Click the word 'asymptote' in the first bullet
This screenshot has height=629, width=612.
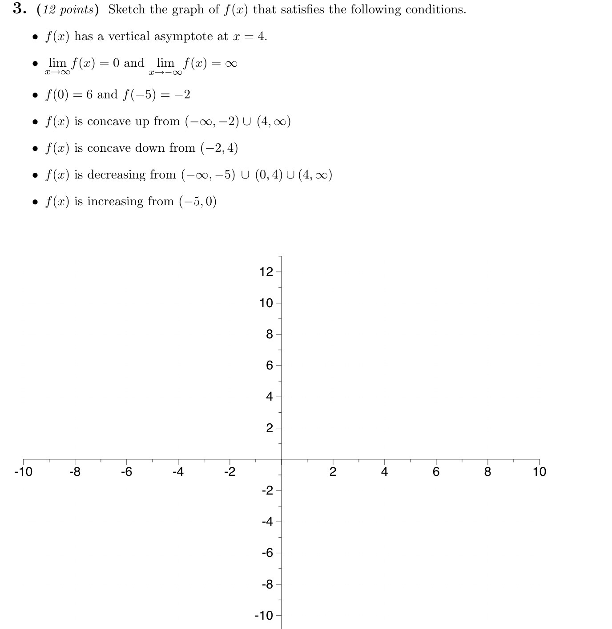pos(184,37)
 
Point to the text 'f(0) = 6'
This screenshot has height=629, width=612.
pos(69,94)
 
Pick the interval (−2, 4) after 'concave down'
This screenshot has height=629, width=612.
pos(219,148)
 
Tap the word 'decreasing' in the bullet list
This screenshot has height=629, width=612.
pos(117,174)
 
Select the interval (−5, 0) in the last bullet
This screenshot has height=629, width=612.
pos(198,202)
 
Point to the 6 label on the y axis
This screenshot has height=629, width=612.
pos(269,365)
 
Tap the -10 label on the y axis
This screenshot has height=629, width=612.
pos(264,616)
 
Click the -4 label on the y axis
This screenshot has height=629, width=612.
pos(267,522)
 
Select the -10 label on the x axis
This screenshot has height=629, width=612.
pos(23,472)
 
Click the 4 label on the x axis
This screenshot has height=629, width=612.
pos(384,472)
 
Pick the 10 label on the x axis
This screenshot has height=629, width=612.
pos(539,472)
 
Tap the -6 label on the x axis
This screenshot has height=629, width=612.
pos(126,472)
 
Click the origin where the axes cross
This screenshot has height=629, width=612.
pos(281,459)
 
